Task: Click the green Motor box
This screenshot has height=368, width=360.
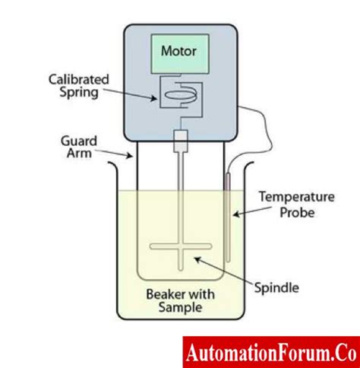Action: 179,52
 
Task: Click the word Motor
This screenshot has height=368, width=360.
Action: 179,52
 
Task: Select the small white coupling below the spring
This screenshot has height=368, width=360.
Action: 180,139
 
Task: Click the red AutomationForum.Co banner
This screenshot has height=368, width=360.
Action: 270,352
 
